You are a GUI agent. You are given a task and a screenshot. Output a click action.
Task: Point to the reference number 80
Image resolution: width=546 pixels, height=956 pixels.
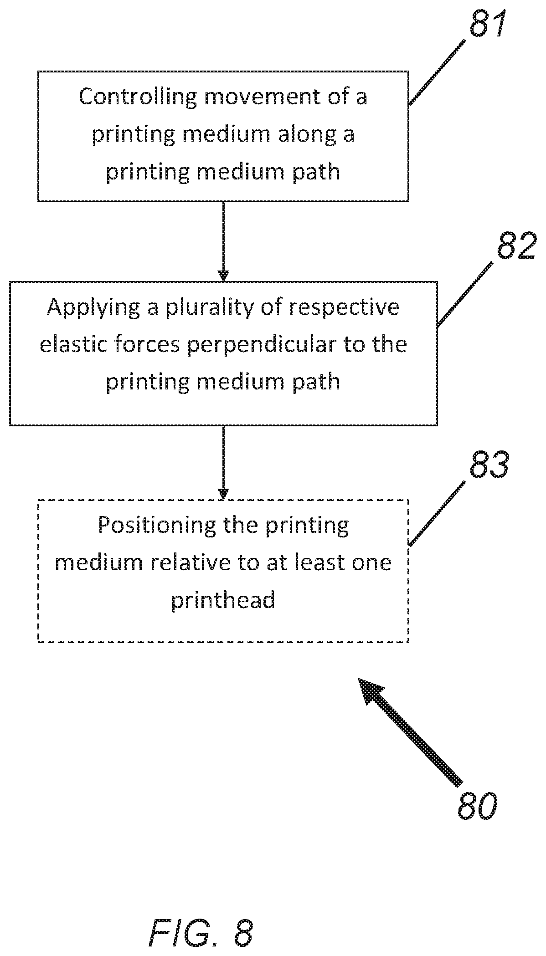click(x=476, y=807)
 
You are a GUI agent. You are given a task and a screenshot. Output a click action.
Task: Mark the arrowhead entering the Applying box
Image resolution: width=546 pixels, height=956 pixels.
click(x=223, y=276)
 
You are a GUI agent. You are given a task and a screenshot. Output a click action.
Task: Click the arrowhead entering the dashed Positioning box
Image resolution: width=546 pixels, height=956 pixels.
click(x=223, y=494)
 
